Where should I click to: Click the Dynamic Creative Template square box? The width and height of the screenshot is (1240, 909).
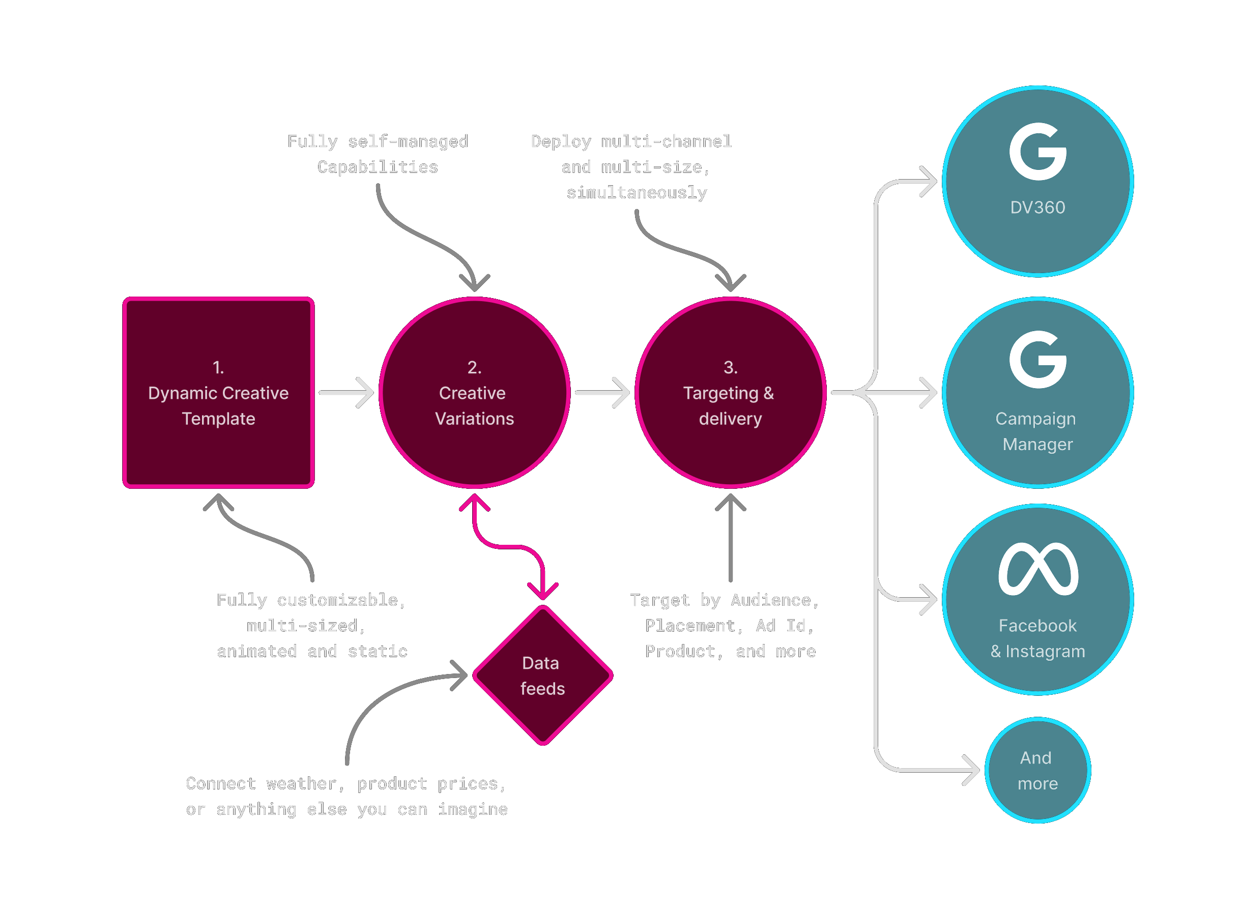pos(218,392)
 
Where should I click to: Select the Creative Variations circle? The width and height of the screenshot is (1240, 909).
pos(474,392)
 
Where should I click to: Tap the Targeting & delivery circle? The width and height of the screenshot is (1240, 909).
pos(730,392)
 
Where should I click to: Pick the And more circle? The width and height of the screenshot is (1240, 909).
pos(1037,770)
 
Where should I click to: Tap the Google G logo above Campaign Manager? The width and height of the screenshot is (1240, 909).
pos(1037,359)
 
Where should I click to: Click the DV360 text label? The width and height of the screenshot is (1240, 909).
pos(1037,208)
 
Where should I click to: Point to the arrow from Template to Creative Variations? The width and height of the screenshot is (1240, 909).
pos(347,392)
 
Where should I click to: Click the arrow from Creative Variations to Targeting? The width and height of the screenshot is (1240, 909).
pos(602,392)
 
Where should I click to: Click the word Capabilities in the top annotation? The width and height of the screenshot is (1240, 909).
pos(378,167)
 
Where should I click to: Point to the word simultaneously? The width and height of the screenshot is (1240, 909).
pos(637,193)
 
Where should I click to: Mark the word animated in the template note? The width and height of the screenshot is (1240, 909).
pos(256,652)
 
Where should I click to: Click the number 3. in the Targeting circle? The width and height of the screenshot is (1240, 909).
pos(730,367)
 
